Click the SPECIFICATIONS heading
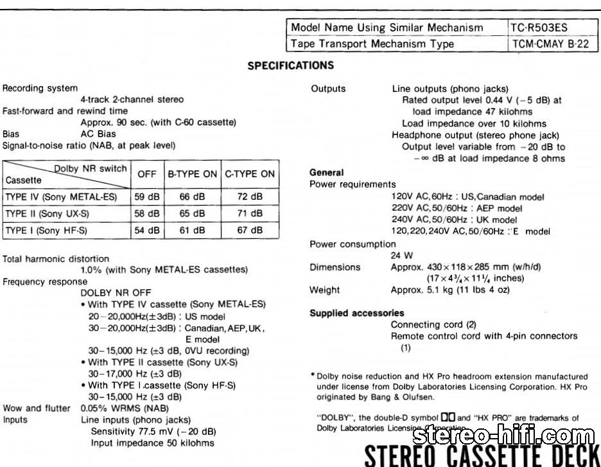point(290,66)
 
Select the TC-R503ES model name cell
point(539,28)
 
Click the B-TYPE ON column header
point(193,173)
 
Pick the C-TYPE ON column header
point(250,173)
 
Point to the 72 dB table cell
point(250,197)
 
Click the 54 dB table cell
point(148,230)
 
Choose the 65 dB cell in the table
point(193,213)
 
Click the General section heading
point(327,173)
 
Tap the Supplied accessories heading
point(357,313)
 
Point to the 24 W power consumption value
point(402,255)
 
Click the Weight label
point(325,290)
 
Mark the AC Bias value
point(98,134)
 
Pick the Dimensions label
point(335,267)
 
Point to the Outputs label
point(328,89)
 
